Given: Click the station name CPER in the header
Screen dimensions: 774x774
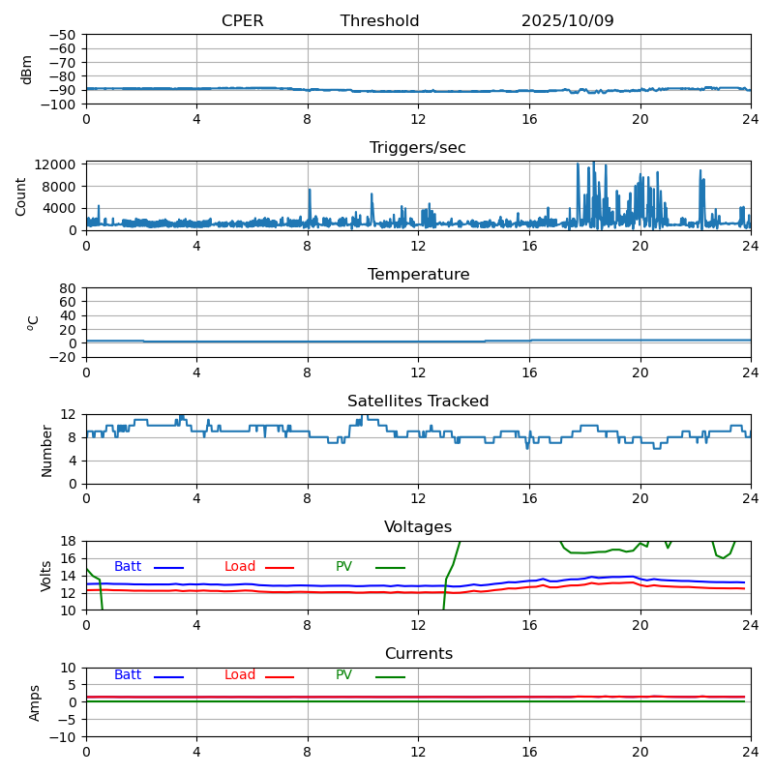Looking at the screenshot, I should [x=242, y=21].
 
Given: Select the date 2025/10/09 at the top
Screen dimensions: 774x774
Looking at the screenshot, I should [x=567, y=21].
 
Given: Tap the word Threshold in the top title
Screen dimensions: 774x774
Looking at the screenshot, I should [x=379, y=21].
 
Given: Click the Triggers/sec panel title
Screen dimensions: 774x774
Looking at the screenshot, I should [x=418, y=148].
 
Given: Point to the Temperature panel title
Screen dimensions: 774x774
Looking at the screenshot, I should [x=418, y=275].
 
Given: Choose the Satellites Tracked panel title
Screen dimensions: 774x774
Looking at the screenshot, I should [x=418, y=402].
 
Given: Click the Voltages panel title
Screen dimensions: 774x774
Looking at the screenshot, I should [x=418, y=527].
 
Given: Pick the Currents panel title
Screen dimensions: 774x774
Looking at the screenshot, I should [x=418, y=654].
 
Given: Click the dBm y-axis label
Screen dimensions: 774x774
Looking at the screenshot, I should [x=27, y=69].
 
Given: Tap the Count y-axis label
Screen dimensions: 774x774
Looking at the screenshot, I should [x=21, y=195].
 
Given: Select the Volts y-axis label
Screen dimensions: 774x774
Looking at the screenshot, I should [x=46, y=576].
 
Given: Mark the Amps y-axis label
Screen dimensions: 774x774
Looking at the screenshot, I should [x=35, y=702].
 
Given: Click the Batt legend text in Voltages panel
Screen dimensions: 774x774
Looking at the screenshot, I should [x=128, y=567].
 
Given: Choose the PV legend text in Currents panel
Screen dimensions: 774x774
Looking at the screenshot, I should [x=344, y=675].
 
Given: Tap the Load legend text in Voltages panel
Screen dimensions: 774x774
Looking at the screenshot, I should [x=240, y=567].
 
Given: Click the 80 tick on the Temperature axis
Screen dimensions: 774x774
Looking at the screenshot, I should [x=68, y=288].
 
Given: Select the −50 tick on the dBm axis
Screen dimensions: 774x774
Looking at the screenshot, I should [x=61, y=35].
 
